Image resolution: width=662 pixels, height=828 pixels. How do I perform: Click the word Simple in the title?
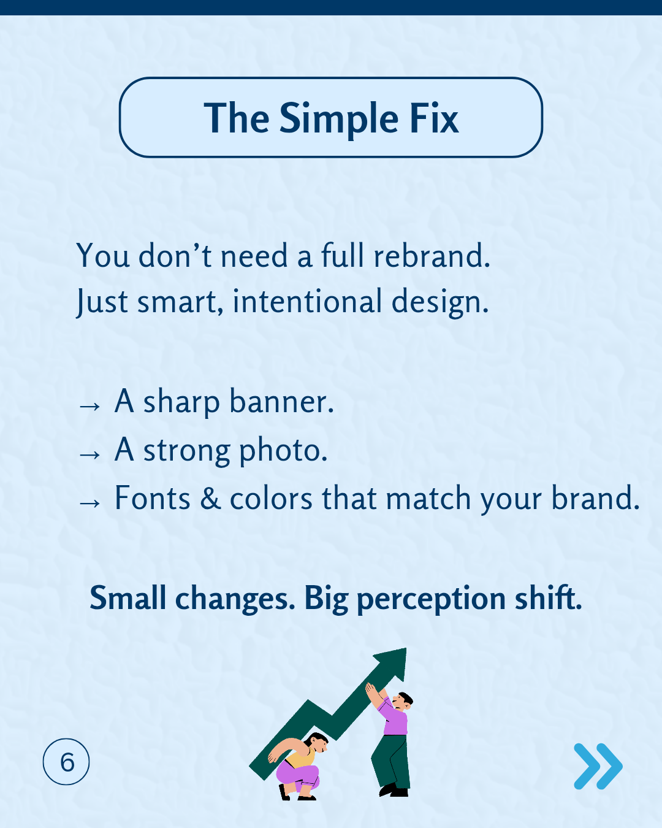pos(339,118)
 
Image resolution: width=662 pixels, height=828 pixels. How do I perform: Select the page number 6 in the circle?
pos(67,762)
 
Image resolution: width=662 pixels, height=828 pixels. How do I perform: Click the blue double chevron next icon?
pos(598,766)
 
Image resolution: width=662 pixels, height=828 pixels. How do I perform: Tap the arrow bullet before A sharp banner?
pos(89,405)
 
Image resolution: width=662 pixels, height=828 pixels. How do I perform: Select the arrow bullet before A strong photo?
pos(89,454)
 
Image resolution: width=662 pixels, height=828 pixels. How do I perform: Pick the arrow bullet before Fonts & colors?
pos(89,502)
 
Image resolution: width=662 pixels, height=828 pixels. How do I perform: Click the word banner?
pos(281,402)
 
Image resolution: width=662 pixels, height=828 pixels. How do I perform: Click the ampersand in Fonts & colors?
pos(210,499)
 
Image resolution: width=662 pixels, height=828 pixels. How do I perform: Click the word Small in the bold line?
pos(127,598)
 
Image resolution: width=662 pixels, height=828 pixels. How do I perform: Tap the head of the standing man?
pos(403,700)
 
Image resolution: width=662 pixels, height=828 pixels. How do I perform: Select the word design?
pos(439,302)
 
